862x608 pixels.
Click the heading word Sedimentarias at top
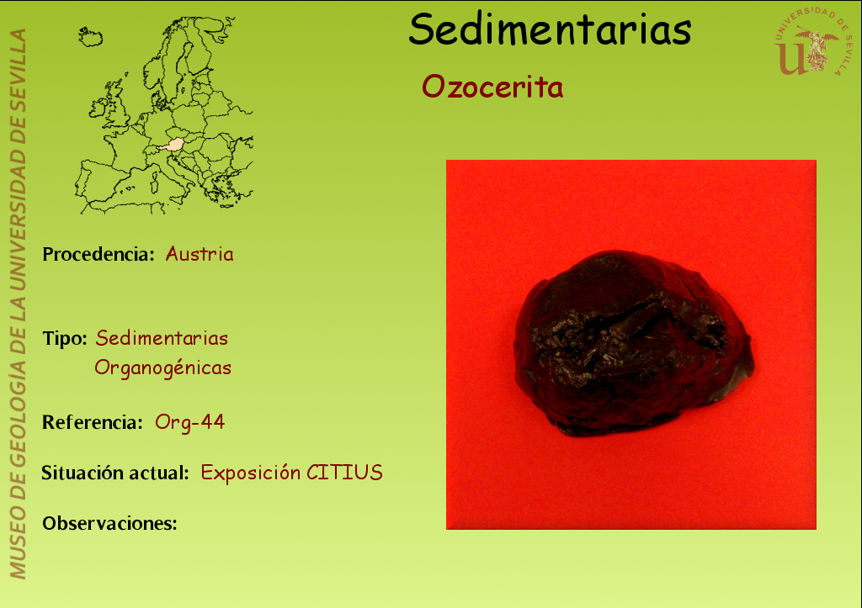click(x=550, y=29)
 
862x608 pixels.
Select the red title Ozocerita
click(x=492, y=87)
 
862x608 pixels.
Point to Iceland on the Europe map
click(x=90, y=36)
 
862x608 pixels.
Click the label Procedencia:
click(x=98, y=254)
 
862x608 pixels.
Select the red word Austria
click(x=200, y=254)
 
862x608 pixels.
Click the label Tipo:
click(x=65, y=338)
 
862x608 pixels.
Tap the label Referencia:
click(x=93, y=422)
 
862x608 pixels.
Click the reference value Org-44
click(x=189, y=422)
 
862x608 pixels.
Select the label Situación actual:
click(x=115, y=473)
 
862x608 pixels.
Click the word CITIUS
click(x=344, y=473)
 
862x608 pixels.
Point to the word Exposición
click(x=251, y=473)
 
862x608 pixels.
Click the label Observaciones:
click(x=110, y=523)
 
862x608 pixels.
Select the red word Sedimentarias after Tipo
click(x=162, y=338)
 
